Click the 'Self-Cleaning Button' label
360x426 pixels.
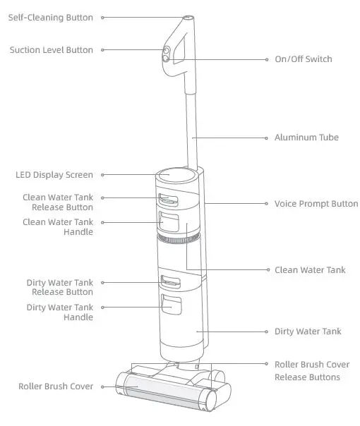tap(50, 17)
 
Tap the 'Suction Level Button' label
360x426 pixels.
tap(51, 50)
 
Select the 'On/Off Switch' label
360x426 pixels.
tap(303, 59)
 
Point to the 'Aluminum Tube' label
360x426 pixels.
tap(306, 137)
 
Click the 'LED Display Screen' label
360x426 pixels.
tap(54, 175)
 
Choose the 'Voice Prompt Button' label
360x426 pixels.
tap(316, 203)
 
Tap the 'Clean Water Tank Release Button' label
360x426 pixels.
tap(57, 202)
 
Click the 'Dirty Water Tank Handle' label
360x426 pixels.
tap(59, 312)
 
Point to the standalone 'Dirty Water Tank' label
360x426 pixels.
tap(307, 331)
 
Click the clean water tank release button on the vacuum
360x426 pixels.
tap(169, 200)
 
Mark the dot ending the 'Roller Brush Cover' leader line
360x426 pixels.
tap(101, 387)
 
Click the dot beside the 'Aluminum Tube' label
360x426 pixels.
tap(266, 137)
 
